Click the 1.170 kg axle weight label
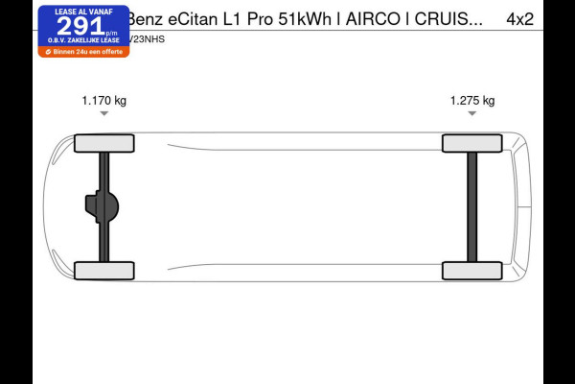click(103, 100)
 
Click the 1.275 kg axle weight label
click(472, 100)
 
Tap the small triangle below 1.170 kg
click(103, 113)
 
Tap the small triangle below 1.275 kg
click(472, 113)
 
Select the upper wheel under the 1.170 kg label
click(103, 143)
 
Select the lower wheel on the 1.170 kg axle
click(103, 271)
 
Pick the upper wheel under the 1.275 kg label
click(471, 143)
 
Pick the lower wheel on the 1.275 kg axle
click(471, 271)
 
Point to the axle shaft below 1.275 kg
click(471, 206)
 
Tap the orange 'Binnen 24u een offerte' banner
click(83, 51)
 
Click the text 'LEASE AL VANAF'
click(83, 12)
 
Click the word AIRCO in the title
click(378, 18)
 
